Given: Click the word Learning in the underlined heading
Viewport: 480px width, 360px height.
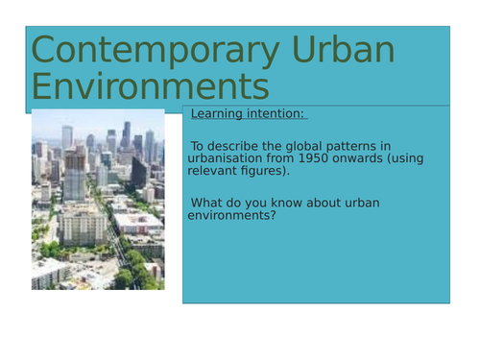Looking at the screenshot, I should click(220, 115).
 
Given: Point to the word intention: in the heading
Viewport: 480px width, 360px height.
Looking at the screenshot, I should click(277, 115).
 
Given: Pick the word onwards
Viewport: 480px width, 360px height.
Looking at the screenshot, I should click(381, 160).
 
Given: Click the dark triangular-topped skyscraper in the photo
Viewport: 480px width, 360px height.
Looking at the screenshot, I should click(126, 135).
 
